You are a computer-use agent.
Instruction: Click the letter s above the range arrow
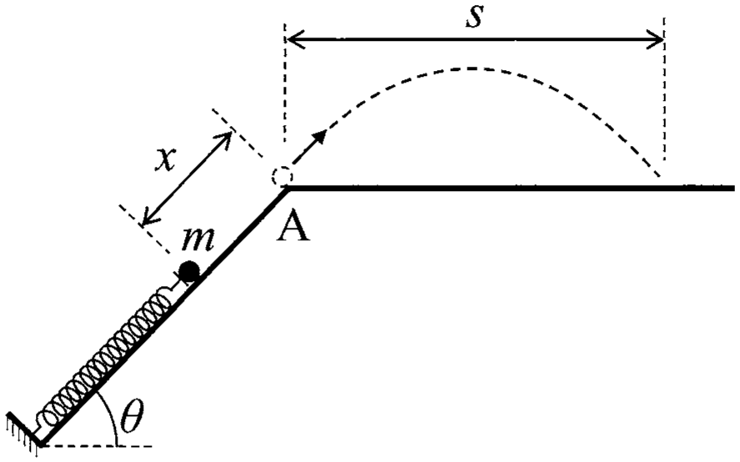pyautogui.click(x=474, y=17)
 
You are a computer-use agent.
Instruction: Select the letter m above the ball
pyautogui.click(x=198, y=239)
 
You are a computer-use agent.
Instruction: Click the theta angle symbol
pyautogui.click(x=131, y=417)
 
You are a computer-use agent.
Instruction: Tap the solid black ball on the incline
pyautogui.click(x=189, y=271)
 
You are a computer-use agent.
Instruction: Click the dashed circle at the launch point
pyautogui.click(x=282, y=177)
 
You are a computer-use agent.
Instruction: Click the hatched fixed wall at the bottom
pyautogui.click(x=24, y=429)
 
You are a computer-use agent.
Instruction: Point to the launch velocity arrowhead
pyautogui.click(x=320, y=137)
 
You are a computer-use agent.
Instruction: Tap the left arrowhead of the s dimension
pyautogui.click(x=292, y=39)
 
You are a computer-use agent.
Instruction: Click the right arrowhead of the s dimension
pyautogui.click(x=656, y=39)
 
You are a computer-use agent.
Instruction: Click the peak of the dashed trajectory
pyautogui.click(x=472, y=69)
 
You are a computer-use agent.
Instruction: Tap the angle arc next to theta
pyautogui.click(x=112, y=415)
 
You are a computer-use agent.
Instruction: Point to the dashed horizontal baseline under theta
pyautogui.click(x=97, y=445)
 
